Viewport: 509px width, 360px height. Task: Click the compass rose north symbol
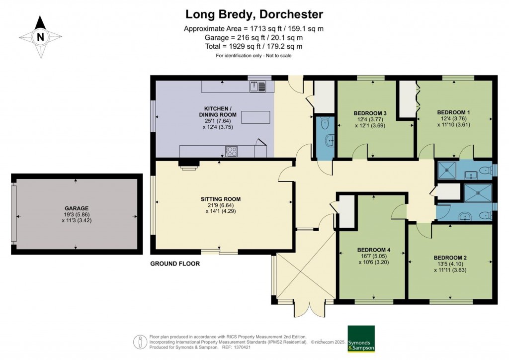pyautogui.click(x=40, y=36)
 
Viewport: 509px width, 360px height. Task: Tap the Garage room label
pyautogui.click(x=76, y=208)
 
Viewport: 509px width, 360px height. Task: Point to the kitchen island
pyautogui.click(x=256, y=117)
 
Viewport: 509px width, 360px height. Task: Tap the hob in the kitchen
pyautogui.click(x=231, y=151)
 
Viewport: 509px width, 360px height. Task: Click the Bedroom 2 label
pyautogui.click(x=450, y=258)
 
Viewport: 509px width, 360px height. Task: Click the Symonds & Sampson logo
pyautogui.click(x=361, y=339)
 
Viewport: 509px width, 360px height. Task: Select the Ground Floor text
pyautogui.click(x=175, y=264)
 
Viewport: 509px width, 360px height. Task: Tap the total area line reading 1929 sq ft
pyautogui.click(x=254, y=46)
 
